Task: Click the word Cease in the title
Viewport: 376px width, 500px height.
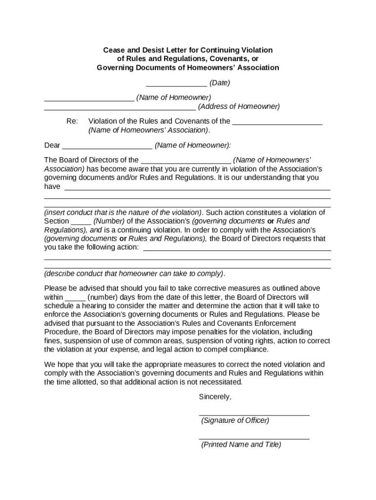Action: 113,50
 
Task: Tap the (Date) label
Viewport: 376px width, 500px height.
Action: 220,83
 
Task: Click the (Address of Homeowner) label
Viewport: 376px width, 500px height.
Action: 239,106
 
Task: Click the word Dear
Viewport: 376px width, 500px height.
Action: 52,146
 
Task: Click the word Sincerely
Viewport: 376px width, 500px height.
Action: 215,397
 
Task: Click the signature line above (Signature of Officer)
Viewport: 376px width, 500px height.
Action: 254,415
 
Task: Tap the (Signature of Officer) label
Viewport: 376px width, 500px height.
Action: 235,420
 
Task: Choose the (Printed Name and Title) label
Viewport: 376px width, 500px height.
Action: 241,445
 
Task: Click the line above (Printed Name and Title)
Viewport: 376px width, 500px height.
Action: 254,439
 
